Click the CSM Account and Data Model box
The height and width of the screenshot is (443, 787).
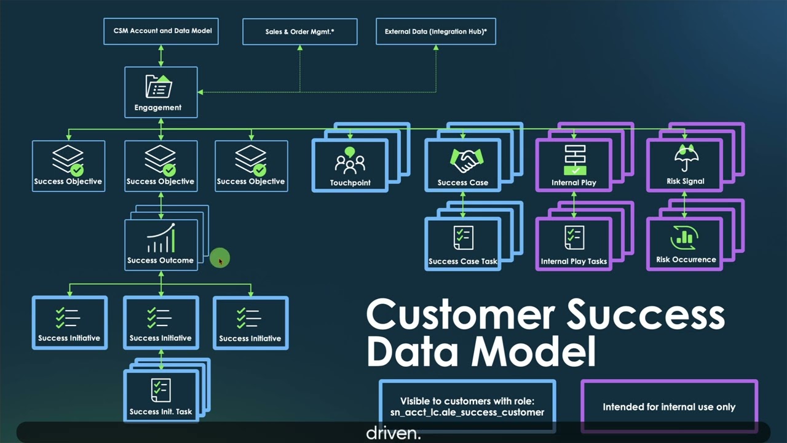[x=162, y=31]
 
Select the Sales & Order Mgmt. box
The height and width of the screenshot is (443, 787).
[x=300, y=31]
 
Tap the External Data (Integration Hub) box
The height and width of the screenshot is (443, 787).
[x=435, y=31]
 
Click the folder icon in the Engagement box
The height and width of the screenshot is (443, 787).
[x=159, y=87]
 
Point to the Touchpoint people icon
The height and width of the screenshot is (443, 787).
[x=350, y=161]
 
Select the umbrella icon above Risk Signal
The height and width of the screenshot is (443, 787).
[x=685, y=158]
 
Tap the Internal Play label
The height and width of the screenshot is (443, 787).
[x=574, y=182]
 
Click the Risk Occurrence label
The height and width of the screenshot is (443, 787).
[x=686, y=260]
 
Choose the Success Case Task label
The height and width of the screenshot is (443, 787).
[x=462, y=261]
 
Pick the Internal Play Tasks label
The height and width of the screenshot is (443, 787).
[x=574, y=261]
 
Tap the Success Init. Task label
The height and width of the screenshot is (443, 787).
[x=160, y=412]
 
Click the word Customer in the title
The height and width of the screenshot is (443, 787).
[x=461, y=315]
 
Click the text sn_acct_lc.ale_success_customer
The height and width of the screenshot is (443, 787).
[x=467, y=412]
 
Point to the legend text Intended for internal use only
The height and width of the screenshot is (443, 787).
[x=669, y=407]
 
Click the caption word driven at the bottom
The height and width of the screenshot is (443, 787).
[x=393, y=433]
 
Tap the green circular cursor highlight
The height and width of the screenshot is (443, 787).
[x=219, y=258]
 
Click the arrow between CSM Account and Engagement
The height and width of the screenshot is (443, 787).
[x=161, y=55]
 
